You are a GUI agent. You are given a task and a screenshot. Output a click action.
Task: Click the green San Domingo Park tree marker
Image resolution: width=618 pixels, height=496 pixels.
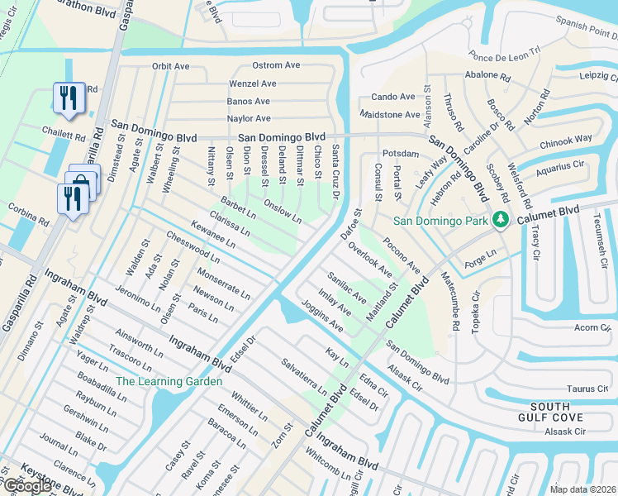499,220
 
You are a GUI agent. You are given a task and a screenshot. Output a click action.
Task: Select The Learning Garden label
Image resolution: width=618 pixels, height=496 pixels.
169,381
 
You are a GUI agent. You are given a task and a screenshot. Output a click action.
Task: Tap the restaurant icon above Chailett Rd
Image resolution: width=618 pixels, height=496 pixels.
67,98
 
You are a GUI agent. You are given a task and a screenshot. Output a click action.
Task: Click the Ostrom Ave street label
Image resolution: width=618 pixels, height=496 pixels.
276,65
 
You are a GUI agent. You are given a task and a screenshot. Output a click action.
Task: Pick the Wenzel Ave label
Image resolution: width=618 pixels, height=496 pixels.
253,83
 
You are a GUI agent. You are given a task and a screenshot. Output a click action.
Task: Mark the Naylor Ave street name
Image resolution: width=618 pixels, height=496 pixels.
249,119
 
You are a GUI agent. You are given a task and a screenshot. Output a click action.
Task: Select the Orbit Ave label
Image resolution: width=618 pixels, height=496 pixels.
171,66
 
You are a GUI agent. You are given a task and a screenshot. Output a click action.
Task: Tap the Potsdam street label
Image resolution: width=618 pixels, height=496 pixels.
402,155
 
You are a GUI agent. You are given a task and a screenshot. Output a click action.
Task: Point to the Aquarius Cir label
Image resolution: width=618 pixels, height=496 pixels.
559,167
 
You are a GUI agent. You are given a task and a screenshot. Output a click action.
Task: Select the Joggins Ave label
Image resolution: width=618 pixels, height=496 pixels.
321,316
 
